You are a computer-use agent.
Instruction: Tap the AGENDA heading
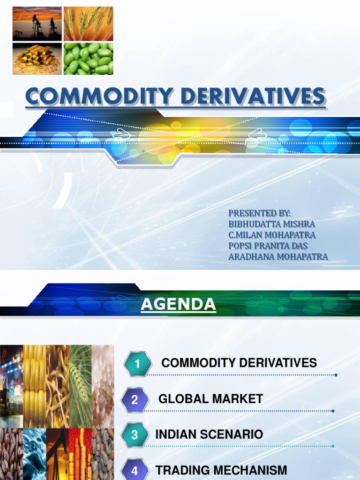tap(179, 305)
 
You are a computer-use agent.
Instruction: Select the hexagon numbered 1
tap(137, 364)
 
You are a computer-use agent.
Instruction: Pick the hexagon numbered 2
tap(135, 400)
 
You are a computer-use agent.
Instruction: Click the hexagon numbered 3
tap(135, 435)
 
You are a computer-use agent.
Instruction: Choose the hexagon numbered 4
tap(135, 470)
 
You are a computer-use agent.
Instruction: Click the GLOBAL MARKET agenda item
tap(210, 399)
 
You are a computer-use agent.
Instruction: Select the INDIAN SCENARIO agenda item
tap(209, 435)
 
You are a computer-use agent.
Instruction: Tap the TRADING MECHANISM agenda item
tap(221, 470)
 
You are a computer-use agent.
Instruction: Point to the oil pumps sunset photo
tap(37, 23)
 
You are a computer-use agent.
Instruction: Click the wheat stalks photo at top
tap(88, 23)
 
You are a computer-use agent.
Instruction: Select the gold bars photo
tap(37, 59)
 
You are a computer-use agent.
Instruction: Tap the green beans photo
tap(88, 59)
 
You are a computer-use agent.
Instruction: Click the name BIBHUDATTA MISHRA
tap(271, 224)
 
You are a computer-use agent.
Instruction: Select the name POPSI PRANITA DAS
tap(268, 246)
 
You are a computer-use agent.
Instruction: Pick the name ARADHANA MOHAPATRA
tap(278, 256)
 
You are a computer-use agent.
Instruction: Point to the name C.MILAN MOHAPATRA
tap(271, 235)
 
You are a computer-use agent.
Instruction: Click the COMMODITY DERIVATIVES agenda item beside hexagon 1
tap(239, 363)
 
